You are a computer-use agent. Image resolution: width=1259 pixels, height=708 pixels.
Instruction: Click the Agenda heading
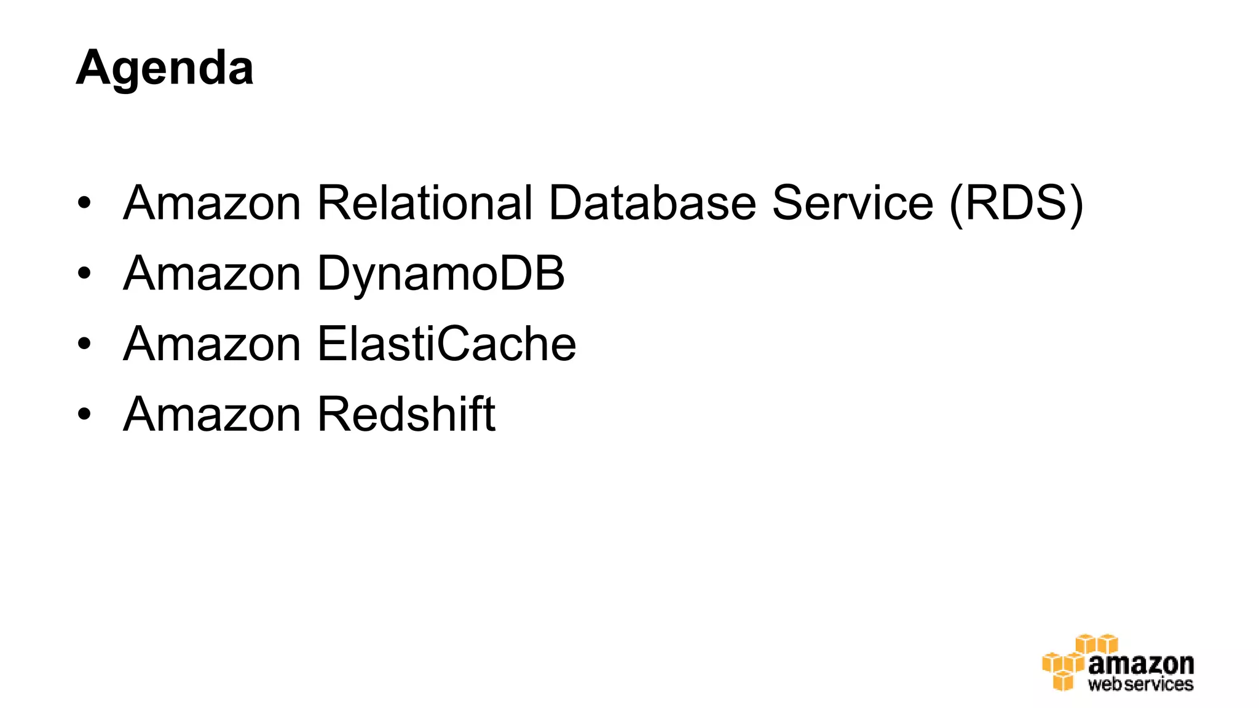tap(164, 68)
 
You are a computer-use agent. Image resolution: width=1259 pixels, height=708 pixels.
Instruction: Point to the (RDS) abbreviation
tap(1016, 204)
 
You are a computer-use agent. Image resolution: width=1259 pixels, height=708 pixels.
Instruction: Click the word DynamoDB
tap(440, 274)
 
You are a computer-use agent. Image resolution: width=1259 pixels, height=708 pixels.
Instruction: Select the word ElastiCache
tap(446, 344)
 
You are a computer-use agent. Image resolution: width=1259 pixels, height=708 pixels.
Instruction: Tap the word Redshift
tap(406, 414)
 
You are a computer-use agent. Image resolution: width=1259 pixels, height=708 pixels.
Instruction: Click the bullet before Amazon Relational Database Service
tap(84, 203)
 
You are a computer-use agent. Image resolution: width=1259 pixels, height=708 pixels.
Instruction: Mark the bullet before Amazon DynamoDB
tap(84, 273)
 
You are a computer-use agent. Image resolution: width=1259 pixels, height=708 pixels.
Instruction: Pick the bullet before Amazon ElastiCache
tap(84, 344)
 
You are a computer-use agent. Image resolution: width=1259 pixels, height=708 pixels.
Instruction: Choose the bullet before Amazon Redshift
tap(84, 414)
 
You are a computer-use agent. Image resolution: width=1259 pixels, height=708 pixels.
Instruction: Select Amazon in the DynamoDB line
tap(211, 273)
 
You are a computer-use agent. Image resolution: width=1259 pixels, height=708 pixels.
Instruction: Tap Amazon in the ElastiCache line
tap(211, 344)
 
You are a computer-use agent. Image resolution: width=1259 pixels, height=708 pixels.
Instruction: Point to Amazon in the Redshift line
tap(211, 414)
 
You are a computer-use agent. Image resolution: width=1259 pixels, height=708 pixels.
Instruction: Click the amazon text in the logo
tap(1141, 664)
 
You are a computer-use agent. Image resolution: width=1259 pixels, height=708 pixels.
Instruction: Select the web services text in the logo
tap(1140, 684)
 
